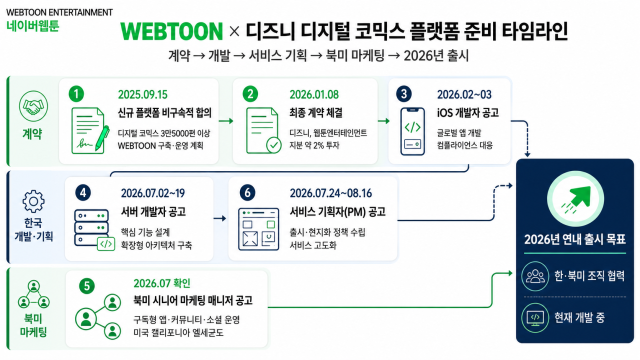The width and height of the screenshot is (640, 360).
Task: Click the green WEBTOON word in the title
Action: click(x=172, y=31)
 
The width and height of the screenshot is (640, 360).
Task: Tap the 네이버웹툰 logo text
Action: click(x=33, y=26)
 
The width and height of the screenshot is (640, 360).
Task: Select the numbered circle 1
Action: click(x=76, y=94)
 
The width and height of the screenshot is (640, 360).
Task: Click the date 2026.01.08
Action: click(x=314, y=95)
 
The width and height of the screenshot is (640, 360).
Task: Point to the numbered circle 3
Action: click(x=404, y=94)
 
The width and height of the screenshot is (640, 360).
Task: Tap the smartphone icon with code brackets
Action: click(x=412, y=131)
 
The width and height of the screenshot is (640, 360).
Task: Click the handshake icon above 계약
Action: click(x=33, y=106)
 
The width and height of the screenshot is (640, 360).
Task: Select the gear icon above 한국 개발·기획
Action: click(x=33, y=201)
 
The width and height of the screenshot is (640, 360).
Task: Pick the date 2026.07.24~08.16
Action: click(x=331, y=193)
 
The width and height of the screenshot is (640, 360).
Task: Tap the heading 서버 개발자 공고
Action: click(x=153, y=212)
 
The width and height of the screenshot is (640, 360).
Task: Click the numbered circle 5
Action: click(x=87, y=286)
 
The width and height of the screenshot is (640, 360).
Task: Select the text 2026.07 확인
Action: click(x=162, y=283)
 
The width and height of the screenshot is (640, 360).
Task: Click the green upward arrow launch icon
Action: click(x=576, y=200)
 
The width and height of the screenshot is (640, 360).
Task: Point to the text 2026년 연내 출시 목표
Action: click(x=575, y=239)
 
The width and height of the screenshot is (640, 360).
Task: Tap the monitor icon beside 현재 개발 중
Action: click(x=535, y=318)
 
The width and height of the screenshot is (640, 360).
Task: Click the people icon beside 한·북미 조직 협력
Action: click(x=535, y=276)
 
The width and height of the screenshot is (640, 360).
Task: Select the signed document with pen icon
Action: click(x=90, y=131)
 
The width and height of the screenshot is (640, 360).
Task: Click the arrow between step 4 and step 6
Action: click(x=220, y=218)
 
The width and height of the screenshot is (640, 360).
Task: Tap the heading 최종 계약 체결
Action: click(x=316, y=113)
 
